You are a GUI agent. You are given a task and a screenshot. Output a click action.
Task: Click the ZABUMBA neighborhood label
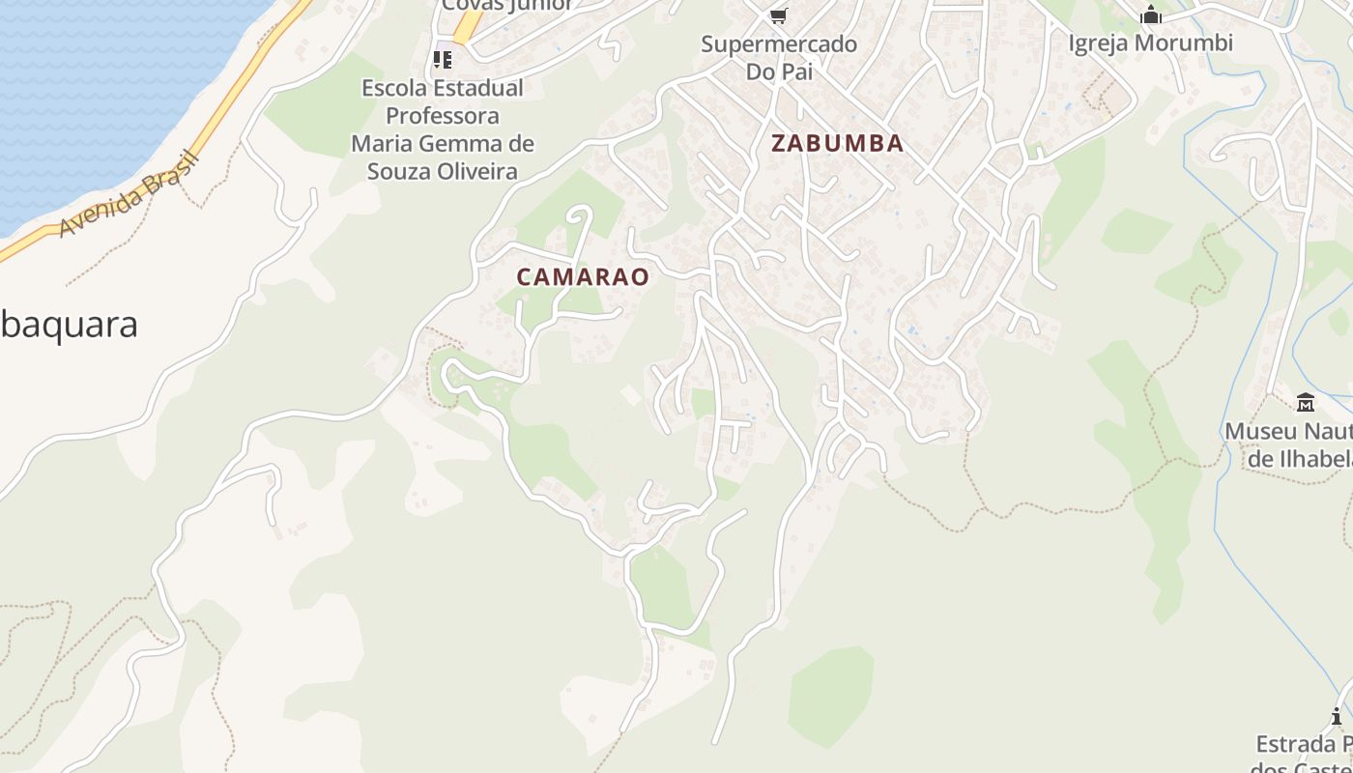click(838, 144)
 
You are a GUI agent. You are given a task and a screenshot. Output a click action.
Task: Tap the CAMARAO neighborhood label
click(582, 277)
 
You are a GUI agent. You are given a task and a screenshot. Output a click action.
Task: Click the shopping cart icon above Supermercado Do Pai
click(779, 15)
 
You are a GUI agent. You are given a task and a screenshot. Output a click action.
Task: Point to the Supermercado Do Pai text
click(779, 57)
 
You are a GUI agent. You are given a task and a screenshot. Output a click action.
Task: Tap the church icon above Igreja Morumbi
click(1150, 14)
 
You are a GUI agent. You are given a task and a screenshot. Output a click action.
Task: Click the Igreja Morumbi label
click(1150, 43)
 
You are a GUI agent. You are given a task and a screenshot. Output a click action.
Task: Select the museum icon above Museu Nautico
click(1306, 402)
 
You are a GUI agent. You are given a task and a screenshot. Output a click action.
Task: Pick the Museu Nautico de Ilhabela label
click(1289, 444)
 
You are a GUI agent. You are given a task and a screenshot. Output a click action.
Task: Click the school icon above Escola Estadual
click(443, 60)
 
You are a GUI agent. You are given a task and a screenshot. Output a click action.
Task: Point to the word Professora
click(443, 116)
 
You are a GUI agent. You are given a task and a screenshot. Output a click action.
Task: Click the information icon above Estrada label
click(1337, 716)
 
